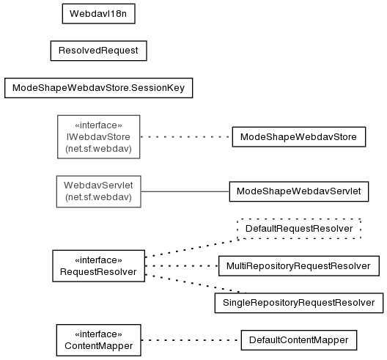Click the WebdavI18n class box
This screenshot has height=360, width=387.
pos(98,14)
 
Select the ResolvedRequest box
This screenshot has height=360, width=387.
pos(98,51)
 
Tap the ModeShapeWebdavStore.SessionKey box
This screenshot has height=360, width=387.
pos(98,88)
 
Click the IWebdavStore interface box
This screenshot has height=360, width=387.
pos(98,137)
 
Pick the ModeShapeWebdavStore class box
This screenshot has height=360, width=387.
pos(298,137)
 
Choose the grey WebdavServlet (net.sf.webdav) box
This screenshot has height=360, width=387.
pos(98,191)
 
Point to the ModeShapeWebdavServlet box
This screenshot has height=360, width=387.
pos(298,191)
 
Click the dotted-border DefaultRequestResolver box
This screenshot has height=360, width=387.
pos(298,229)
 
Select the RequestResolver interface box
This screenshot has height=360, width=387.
pos(98,265)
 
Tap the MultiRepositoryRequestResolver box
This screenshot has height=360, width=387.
pos(298,266)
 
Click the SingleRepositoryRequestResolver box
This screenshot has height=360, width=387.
pos(298,303)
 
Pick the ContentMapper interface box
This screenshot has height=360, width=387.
pos(98,340)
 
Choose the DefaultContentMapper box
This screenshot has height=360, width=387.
pos(298,340)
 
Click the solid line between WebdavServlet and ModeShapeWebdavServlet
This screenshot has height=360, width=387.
pos(185,191)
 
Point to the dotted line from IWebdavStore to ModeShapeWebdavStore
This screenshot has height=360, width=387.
pos(186,137)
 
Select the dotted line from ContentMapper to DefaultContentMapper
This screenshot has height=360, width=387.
pos(191,340)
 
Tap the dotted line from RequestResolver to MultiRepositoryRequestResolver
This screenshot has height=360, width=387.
pos(182,266)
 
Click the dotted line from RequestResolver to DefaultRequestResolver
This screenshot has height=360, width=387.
pos(191,248)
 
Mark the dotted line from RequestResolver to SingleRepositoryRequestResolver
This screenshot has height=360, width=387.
pos(196,284)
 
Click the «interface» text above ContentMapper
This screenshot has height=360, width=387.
pos(98,334)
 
